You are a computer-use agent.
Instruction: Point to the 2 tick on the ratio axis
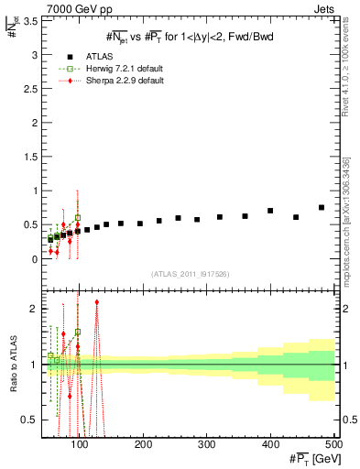(36, 309)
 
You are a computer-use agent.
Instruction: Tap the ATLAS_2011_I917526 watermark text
(190, 274)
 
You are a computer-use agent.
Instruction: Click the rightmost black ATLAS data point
(322, 208)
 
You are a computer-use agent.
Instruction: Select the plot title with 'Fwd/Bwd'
(190, 36)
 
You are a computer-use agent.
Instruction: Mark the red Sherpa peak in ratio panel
(96, 301)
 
